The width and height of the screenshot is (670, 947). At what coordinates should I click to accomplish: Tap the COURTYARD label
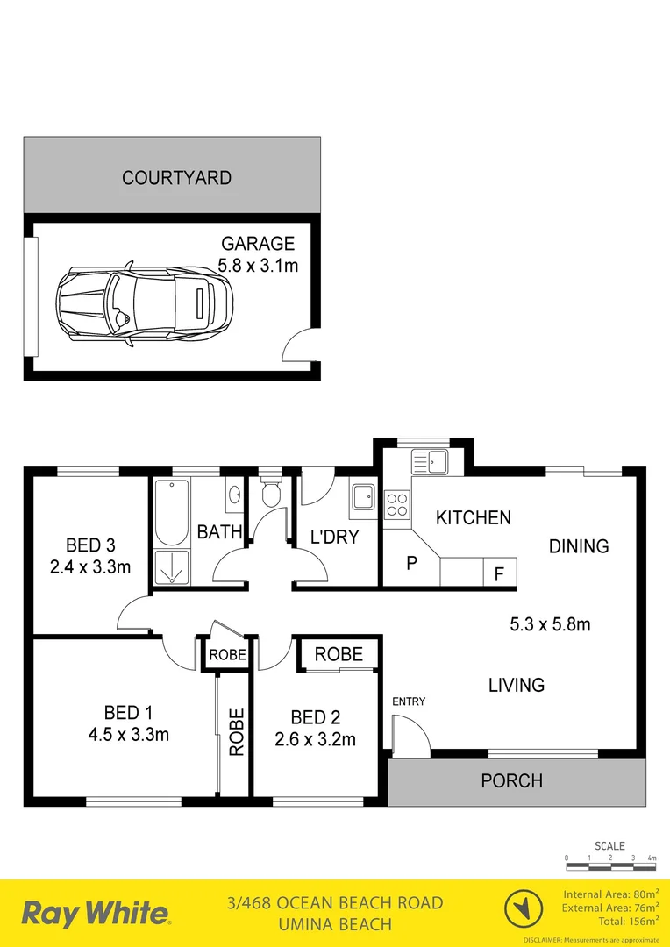click(x=176, y=178)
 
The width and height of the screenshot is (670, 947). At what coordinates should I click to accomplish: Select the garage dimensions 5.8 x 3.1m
click(x=258, y=265)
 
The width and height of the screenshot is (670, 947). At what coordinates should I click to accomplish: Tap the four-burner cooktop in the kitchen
click(x=396, y=504)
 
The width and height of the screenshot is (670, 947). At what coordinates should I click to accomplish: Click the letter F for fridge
click(x=499, y=575)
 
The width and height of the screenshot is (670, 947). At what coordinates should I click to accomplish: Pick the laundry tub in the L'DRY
click(x=362, y=496)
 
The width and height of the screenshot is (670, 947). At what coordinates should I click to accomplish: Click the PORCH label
click(x=511, y=780)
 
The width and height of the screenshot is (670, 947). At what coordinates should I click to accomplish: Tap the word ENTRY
click(x=409, y=701)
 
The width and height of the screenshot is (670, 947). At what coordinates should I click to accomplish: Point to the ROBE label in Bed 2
click(x=339, y=654)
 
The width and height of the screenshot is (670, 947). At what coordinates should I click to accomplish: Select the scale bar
click(x=610, y=866)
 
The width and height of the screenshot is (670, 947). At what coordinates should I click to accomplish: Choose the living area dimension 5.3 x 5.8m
click(x=550, y=625)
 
